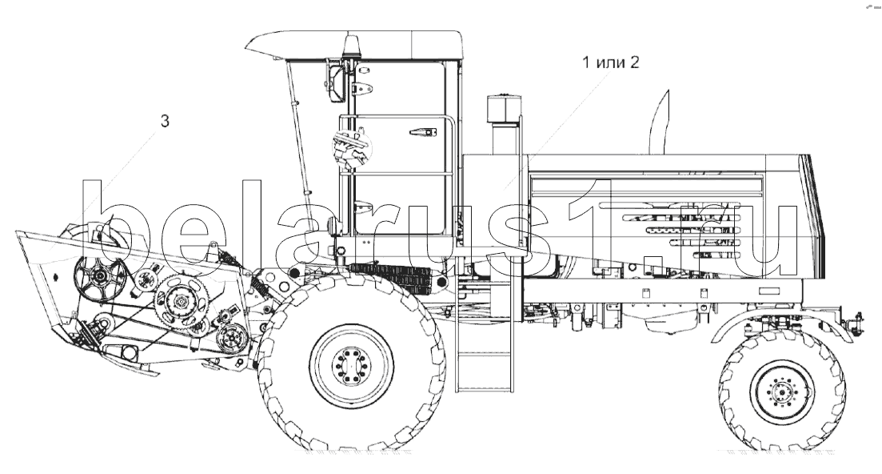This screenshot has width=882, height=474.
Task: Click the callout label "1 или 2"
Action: pos(610,62)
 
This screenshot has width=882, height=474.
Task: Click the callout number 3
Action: pos(165,121)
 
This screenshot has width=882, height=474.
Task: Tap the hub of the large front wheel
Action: pos(352,366)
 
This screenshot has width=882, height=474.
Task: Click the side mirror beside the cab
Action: pos(335,83)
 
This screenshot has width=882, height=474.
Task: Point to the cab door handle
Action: pos(423,132)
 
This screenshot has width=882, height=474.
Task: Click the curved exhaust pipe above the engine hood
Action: pos(660,123)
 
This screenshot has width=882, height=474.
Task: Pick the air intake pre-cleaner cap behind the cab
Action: pos(505,109)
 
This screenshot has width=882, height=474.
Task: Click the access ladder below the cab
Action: pos(485,343)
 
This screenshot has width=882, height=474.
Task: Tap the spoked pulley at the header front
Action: pos(100,276)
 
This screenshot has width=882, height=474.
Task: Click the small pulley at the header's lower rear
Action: pos(233,339)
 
